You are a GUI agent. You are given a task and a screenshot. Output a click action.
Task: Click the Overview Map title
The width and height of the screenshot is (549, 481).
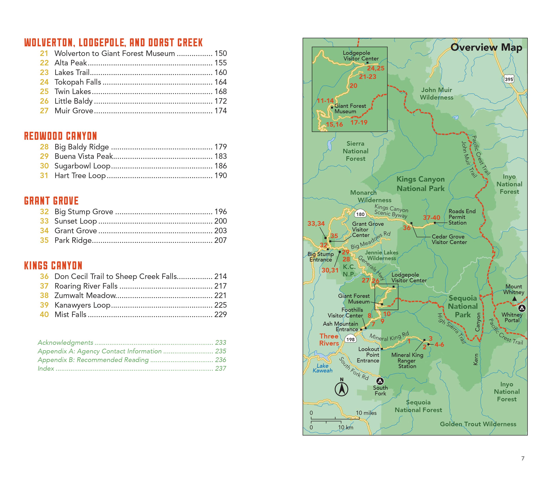[486, 48]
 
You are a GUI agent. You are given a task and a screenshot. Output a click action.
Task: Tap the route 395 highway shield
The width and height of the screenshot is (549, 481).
[509, 80]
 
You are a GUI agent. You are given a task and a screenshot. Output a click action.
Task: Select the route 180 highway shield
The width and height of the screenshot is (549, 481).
[360, 214]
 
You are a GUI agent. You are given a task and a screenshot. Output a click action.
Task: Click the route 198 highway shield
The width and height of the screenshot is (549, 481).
[350, 339]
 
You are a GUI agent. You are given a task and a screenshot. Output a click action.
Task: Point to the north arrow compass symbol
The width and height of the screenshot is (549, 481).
[342, 389]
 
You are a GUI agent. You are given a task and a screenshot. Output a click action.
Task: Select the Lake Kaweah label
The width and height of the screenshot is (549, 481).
[323, 368]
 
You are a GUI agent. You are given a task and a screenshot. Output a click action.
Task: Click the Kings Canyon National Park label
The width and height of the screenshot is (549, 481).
[420, 184]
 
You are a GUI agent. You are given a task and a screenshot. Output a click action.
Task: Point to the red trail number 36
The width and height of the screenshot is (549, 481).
[407, 228]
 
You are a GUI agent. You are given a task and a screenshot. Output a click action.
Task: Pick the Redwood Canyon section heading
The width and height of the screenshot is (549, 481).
[61, 136]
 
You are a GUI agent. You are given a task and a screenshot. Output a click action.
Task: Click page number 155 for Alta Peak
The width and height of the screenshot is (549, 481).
[220, 63]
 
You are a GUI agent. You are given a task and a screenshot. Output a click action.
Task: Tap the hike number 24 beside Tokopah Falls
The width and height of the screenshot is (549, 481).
[44, 82]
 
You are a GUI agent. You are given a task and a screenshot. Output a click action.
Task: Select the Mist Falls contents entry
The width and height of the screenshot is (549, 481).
[71, 315]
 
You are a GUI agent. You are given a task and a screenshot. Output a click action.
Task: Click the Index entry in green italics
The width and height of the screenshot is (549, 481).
[46, 369]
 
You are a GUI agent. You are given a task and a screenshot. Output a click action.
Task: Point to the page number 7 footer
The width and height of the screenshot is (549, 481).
[523, 458]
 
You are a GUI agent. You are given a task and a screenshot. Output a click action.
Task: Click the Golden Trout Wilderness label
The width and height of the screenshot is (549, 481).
[478, 424]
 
